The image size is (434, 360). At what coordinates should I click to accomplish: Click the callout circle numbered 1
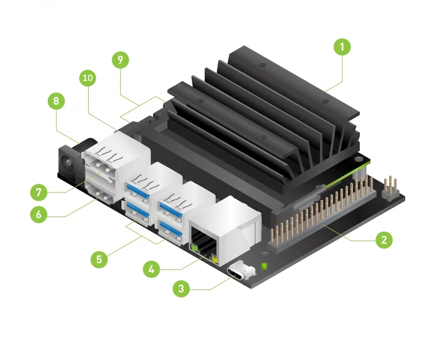pos(342,47)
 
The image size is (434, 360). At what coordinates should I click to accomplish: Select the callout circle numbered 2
pos(384,240)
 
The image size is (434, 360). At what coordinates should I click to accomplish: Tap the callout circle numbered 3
pos(181,289)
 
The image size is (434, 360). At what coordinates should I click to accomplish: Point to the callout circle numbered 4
pos(150,269)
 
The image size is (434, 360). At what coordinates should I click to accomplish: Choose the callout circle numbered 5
pos(97,258)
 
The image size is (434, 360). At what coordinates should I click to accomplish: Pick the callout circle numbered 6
pos(38,214)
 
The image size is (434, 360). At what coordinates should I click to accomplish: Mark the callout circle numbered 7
pos(38,191)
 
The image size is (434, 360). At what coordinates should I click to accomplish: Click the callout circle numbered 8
pos(56,101)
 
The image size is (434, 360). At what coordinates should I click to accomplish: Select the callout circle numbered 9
pos(120,60)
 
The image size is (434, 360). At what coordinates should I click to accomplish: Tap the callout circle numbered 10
pos(89,78)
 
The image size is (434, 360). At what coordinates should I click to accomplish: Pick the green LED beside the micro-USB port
pos(264,265)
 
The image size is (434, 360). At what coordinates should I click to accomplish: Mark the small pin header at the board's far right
pos(390,187)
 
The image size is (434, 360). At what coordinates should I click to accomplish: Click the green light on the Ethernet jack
pos(195,250)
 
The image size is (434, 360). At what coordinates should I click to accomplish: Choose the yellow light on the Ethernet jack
pos(216,259)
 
